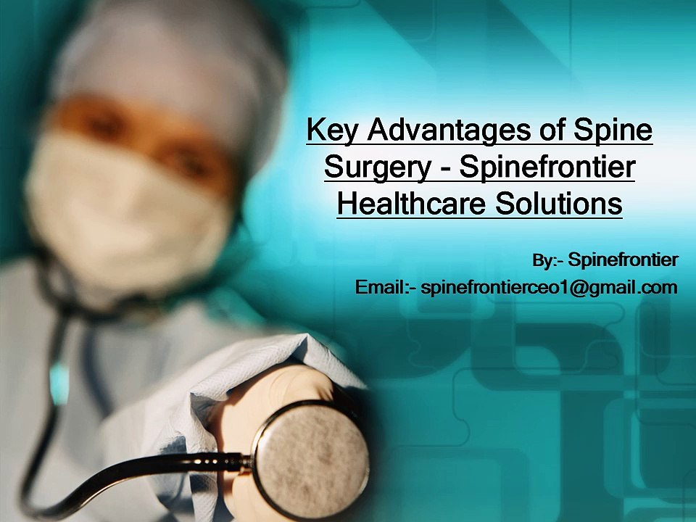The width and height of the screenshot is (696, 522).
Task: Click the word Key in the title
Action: coord(332,130)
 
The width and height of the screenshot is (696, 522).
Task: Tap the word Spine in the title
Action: coord(613,130)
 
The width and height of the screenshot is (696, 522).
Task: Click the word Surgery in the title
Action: coord(378,168)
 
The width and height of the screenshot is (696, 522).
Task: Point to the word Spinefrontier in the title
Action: coord(547,167)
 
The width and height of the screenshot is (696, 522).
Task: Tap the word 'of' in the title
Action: coord(552,129)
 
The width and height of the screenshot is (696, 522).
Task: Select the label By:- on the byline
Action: coord(548,260)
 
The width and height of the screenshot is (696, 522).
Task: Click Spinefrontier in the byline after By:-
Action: coord(623,260)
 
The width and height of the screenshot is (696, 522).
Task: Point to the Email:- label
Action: coord(385,287)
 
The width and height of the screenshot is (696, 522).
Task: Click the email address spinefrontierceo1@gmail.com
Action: coord(549,288)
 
